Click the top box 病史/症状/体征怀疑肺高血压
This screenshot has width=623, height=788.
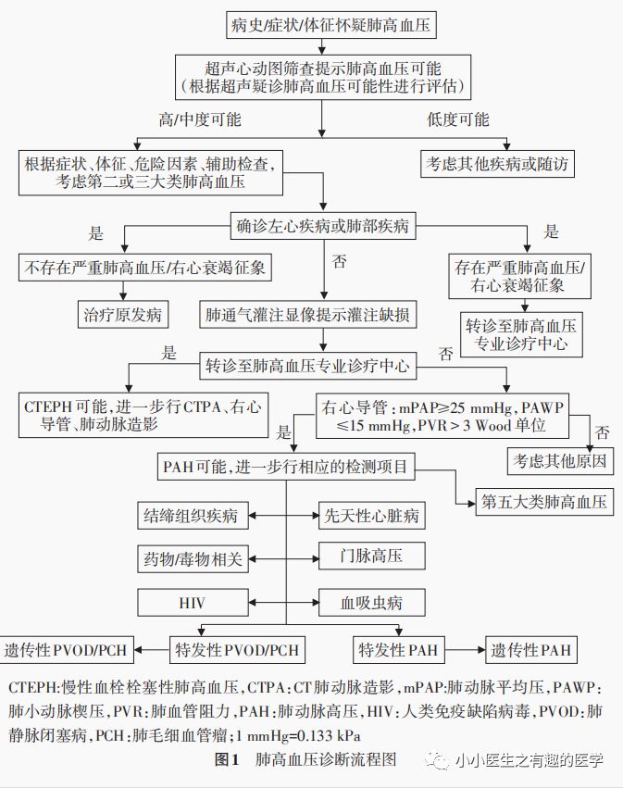pyautogui.click(x=322, y=25)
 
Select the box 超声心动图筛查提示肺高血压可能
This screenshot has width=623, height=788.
pyautogui.click(x=322, y=77)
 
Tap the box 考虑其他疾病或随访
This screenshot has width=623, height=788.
pyautogui.click(x=497, y=165)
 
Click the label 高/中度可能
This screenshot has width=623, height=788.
pyautogui.click(x=200, y=120)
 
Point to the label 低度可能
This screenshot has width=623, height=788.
pyautogui.click(x=456, y=120)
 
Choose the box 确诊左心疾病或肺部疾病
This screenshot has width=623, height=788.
pyautogui.click(x=322, y=223)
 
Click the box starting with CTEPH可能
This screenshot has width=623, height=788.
pyautogui.click(x=142, y=415)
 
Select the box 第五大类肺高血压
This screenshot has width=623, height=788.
pyautogui.click(x=543, y=502)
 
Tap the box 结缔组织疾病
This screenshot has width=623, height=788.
pyautogui.click(x=192, y=515)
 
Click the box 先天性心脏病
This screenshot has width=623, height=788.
pyautogui.click(x=371, y=515)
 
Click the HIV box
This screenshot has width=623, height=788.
pyautogui.click(x=190, y=604)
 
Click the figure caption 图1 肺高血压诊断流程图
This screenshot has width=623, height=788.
pyautogui.click(x=305, y=760)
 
